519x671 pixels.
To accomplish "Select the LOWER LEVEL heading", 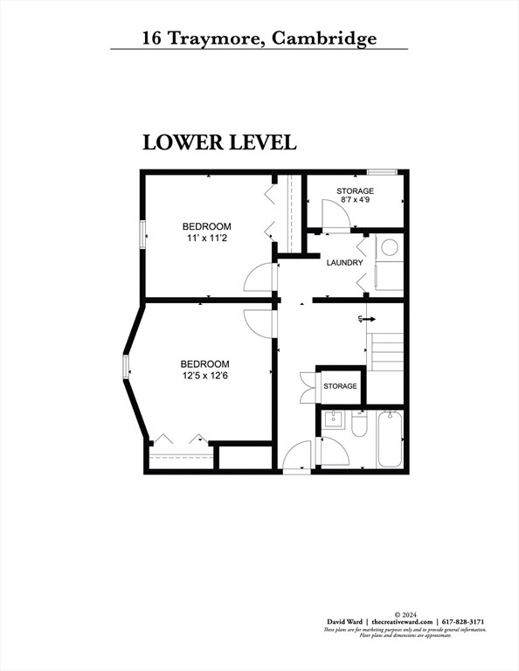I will tap(219, 142).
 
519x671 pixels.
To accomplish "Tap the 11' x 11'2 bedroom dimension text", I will tap(206, 238).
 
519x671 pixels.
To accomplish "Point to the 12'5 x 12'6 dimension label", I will tap(204, 376).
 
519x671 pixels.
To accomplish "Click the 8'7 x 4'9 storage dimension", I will tap(355, 200).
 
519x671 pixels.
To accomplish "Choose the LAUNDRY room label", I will tap(344, 263).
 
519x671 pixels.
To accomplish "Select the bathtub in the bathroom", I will tap(390, 441).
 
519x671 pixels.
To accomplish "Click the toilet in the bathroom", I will tap(359, 426).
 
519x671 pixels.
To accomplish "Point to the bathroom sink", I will tap(333, 420).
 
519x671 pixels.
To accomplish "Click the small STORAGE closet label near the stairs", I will tap(340, 386).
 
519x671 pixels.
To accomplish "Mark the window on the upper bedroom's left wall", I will tap(142, 236).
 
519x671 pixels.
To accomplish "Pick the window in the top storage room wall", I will tap(381, 172).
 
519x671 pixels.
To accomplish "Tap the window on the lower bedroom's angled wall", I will tap(126, 370).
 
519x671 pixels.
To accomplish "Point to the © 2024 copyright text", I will tap(403, 614).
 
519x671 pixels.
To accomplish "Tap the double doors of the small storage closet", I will tap(306, 385).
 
